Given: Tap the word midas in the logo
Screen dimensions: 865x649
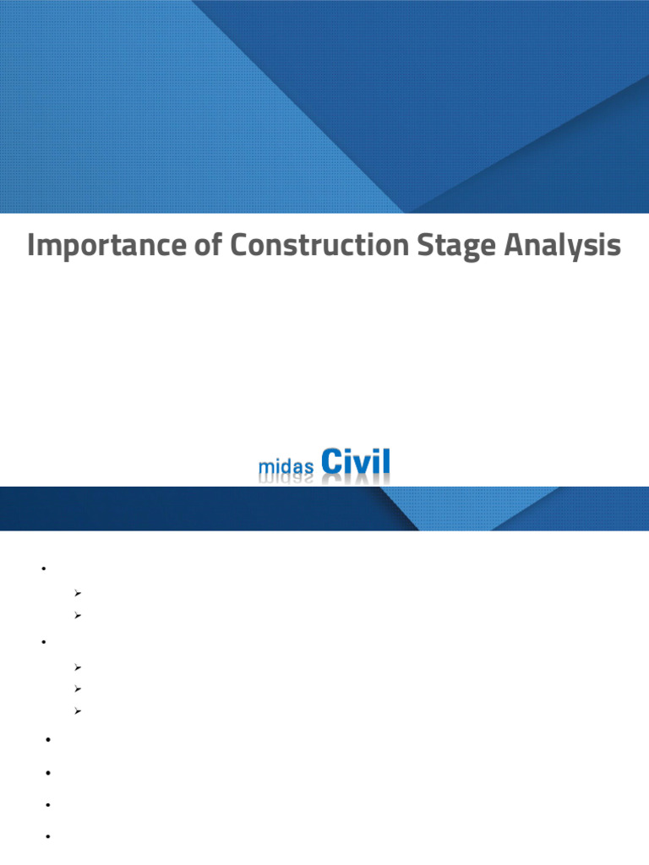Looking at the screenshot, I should [x=285, y=467].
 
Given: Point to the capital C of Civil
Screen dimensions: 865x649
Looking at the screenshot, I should [x=332, y=463].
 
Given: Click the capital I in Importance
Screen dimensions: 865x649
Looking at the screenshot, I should [x=32, y=246].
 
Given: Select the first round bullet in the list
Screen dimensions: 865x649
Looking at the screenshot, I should [x=41, y=569].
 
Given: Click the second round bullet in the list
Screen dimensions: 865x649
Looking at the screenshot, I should [x=41, y=643].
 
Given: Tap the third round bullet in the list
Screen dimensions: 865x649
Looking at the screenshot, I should [x=48, y=740].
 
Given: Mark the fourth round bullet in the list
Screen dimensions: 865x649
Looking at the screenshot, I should [x=48, y=772].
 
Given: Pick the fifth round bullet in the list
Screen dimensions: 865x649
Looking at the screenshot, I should [x=48, y=804].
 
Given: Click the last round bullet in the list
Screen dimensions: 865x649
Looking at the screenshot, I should [x=48, y=836].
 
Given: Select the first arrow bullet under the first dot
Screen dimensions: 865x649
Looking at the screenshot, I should [x=77, y=593].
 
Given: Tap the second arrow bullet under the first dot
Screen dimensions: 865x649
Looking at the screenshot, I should [x=77, y=616].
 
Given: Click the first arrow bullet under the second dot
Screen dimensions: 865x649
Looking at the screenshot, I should [x=77, y=667].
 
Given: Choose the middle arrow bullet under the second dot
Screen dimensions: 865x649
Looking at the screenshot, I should [x=77, y=689].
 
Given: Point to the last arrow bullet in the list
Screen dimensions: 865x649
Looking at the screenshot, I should [x=77, y=711].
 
